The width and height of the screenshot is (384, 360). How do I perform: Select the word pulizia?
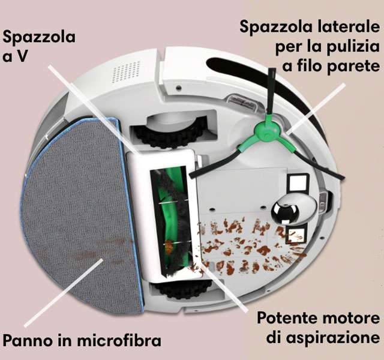pyautogui.click(x=353, y=46)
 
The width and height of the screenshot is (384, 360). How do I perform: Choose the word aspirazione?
pyautogui.click(x=334, y=338)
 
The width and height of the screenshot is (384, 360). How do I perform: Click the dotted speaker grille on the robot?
pyautogui.click(x=126, y=71)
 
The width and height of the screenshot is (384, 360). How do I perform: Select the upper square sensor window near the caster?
pyautogui.click(x=298, y=182)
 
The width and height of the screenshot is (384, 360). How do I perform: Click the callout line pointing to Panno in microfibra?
pyautogui.click(x=64, y=292)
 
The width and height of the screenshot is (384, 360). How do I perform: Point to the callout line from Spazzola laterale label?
pyautogui.click(x=316, y=109)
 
